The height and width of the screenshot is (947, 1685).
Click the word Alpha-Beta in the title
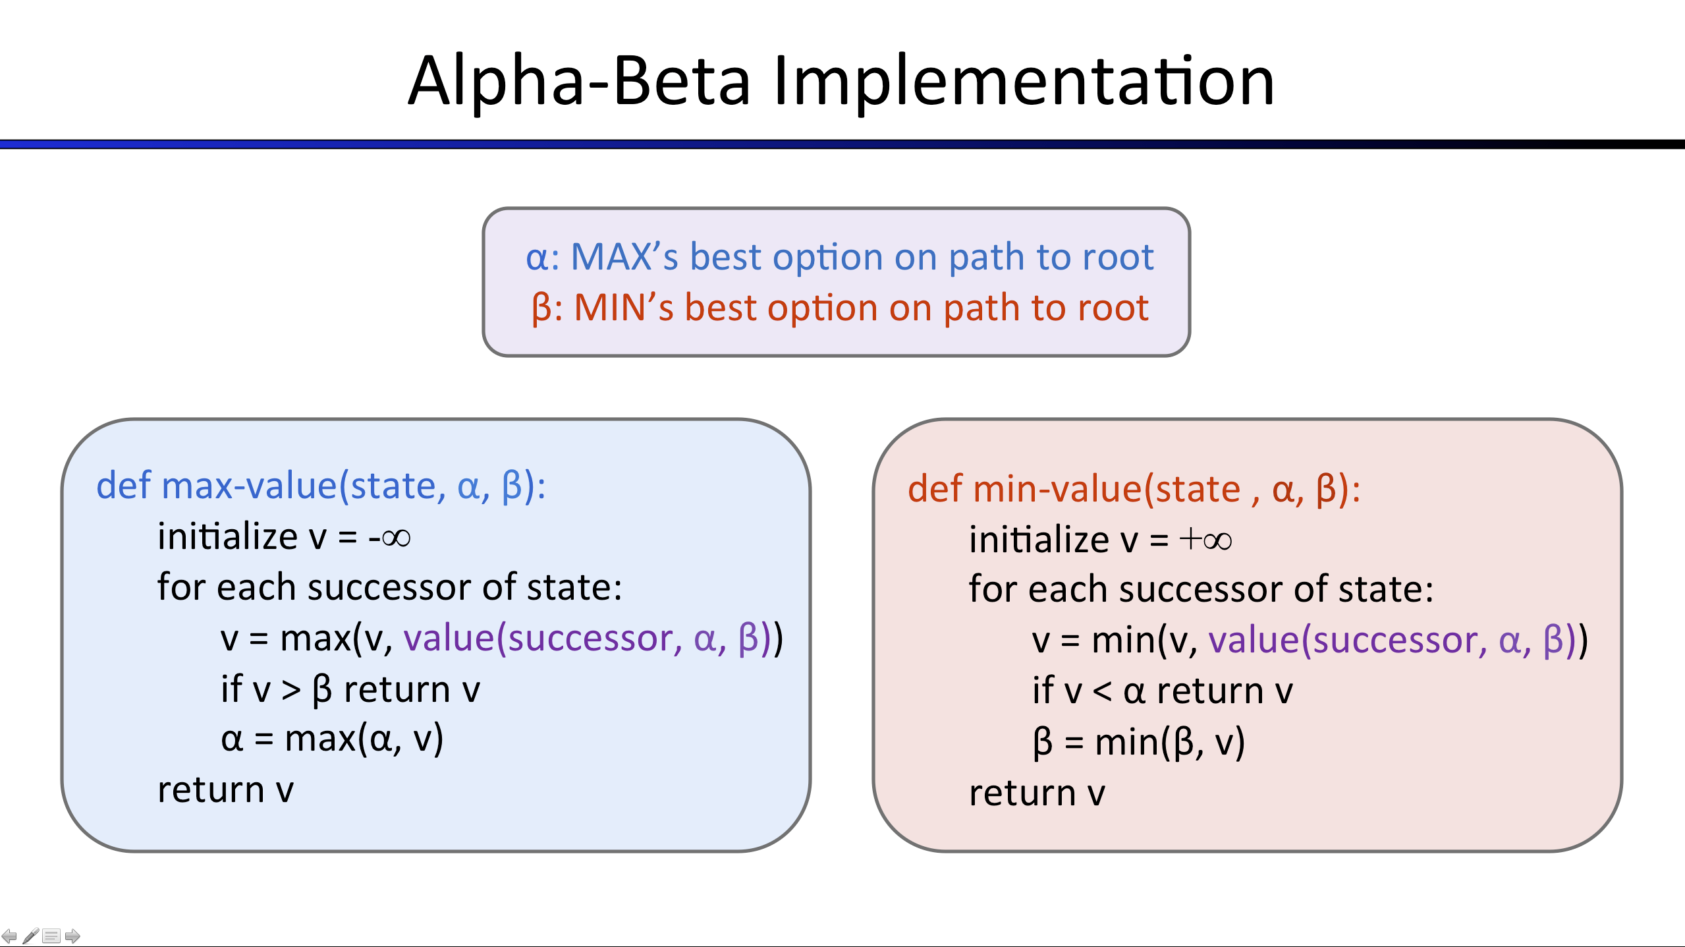579,81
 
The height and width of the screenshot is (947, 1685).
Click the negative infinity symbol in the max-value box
389,538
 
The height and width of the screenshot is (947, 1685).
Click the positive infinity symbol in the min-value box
1205,540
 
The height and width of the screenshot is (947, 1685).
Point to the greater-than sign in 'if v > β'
291,690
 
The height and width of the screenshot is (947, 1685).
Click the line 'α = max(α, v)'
333,739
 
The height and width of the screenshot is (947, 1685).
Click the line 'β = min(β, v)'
1139,742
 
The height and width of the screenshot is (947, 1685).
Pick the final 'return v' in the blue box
226,789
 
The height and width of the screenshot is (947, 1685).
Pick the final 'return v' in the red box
1037,793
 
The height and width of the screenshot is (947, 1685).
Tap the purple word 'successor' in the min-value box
1400,641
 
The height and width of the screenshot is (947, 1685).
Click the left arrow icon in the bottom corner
9,936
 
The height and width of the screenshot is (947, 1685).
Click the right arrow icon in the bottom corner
72,936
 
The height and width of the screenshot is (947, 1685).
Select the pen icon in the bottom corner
30,936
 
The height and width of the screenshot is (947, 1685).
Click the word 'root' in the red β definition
1113,308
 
